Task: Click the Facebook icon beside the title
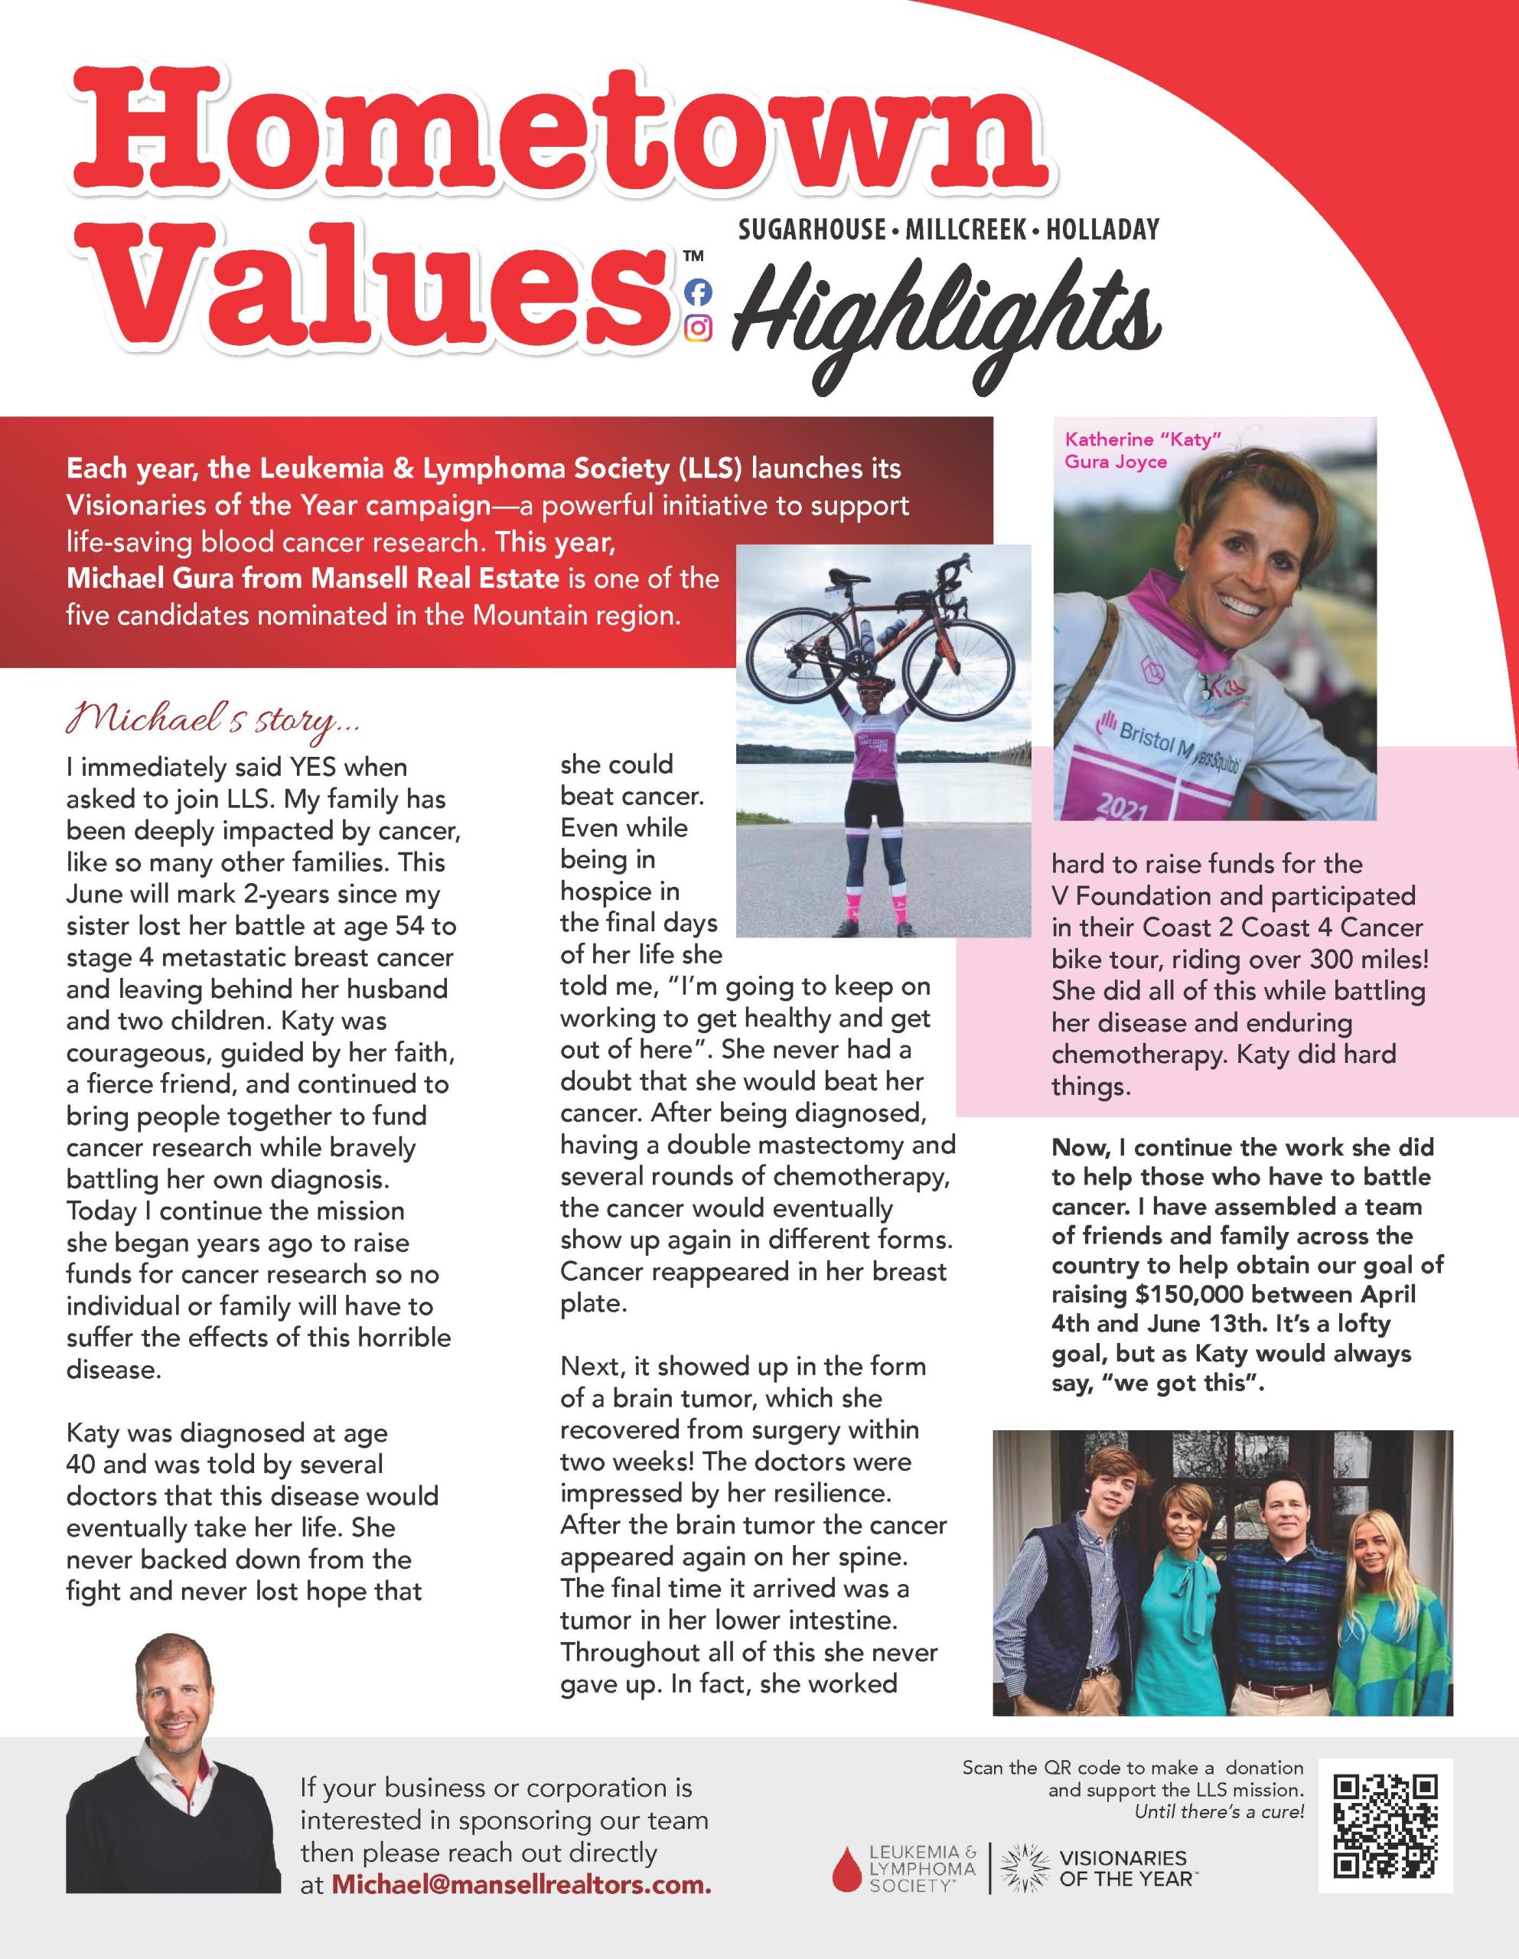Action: (x=698, y=292)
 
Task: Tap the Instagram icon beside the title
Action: (x=698, y=329)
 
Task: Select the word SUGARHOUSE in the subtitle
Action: (x=811, y=230)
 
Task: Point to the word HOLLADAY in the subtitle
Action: (x=1102, y=230)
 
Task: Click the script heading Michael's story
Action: (x=214, y=720)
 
